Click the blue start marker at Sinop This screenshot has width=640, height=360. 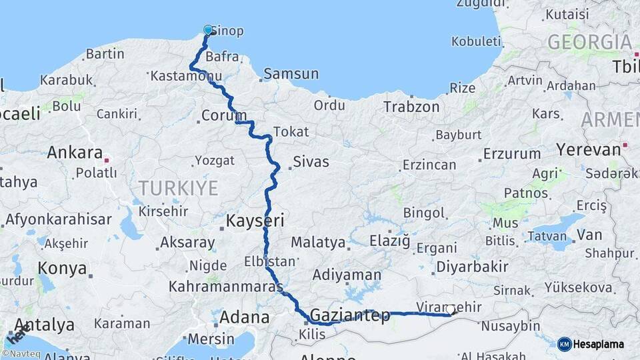pyautogui.click(x=208, y=30)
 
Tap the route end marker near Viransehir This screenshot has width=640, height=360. pyautogui.click(x=451, y=309)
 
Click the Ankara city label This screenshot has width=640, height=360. pyautogui.click(x=74, y=153)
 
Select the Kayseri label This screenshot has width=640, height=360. pyautogui.click(x=255, y=221)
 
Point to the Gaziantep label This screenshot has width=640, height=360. pyautogui.click(x=350, y=315)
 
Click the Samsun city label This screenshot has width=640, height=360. pyautogui.click(x=291, y=74)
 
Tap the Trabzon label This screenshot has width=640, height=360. pyautogui.click(x=411, y=107)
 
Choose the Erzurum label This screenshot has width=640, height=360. pyautogui.click(x=512, y=154)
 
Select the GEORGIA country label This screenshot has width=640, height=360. pyautogui.click(x=589, y=43)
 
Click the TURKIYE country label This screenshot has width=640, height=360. pyautogui.click(x=178, y=189)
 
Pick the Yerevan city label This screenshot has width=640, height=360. pyautogui.click(x=589, y=149)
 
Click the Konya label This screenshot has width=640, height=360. pyautogui.click(x=62, y=269)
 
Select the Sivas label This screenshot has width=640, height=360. pyautogui.click(x=311, y=162)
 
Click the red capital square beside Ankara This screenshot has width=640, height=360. pyautogui.click(x=105, y=160)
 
